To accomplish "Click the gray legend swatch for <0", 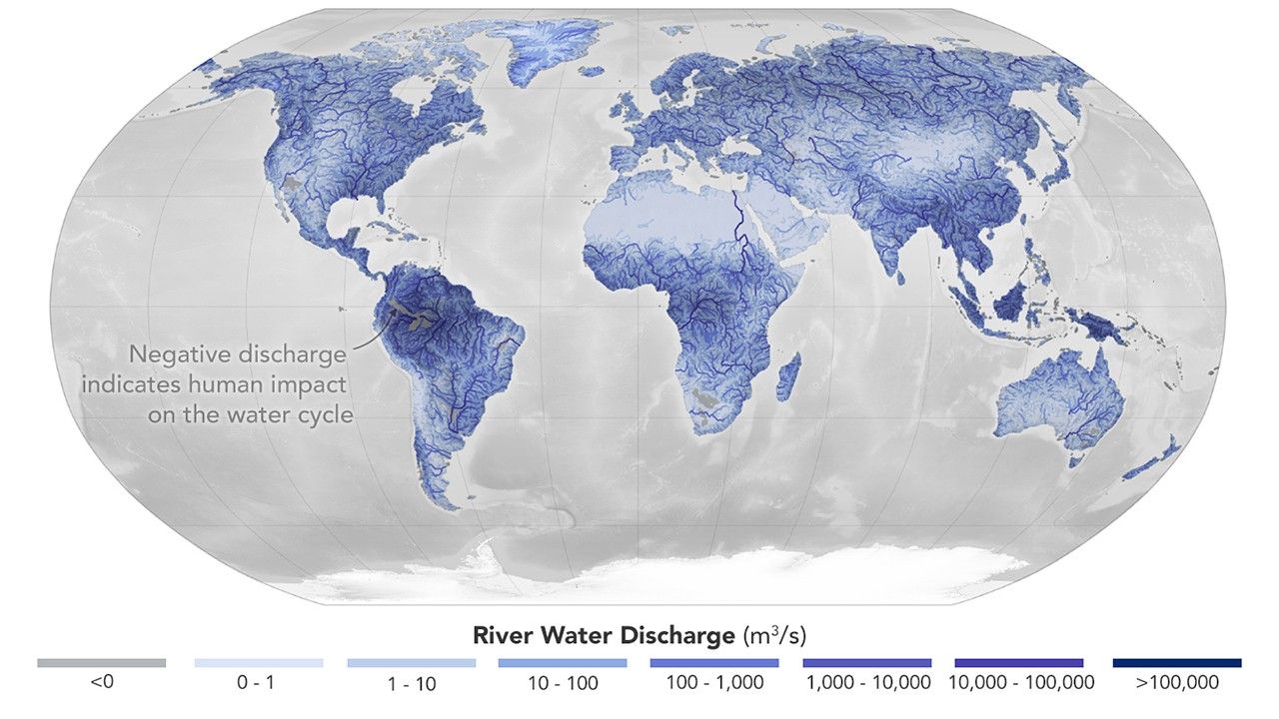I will [101, 663].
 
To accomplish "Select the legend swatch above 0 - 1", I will [259, 663].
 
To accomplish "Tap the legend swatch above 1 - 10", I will [411, 663].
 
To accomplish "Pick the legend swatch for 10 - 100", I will [563, 663].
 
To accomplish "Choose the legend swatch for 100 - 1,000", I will [713, 663].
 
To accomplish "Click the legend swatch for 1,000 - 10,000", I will [867, 663].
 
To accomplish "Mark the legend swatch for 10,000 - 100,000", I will [1018, 663].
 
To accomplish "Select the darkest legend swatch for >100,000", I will [1177, 663].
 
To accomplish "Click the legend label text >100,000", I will [1177, 684].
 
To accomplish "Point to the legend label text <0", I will [101, 684].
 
